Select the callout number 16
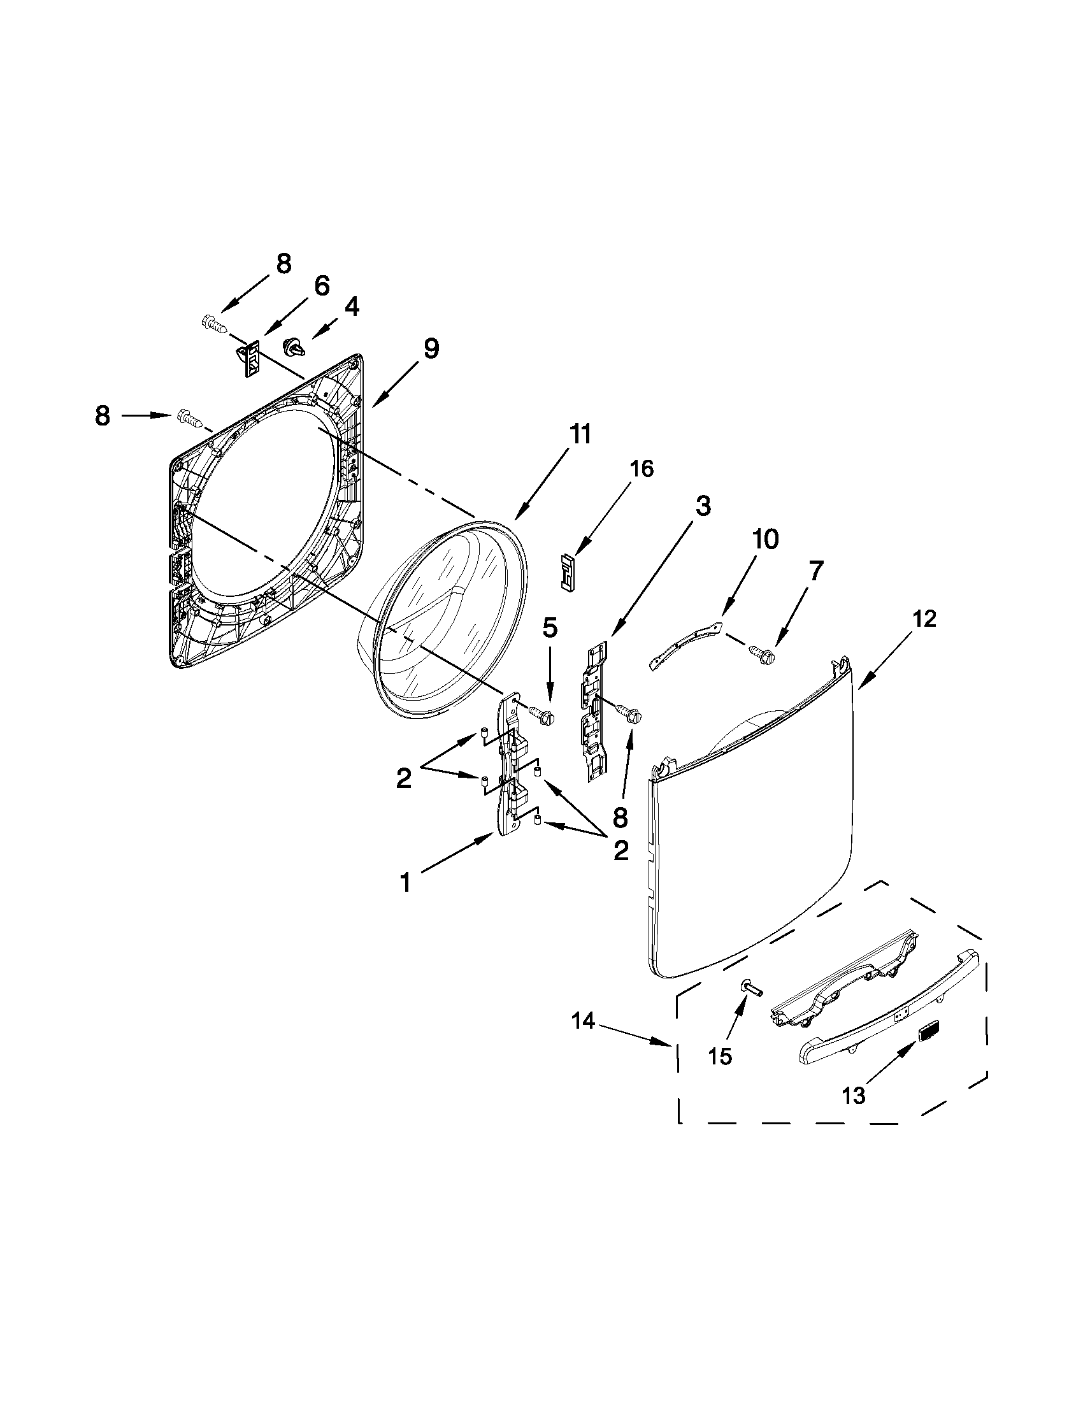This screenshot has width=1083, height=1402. point(641,469)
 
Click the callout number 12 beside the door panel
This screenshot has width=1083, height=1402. point(925,619)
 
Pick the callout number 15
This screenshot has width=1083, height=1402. point(721,1056)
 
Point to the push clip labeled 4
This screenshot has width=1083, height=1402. point(294,347)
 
